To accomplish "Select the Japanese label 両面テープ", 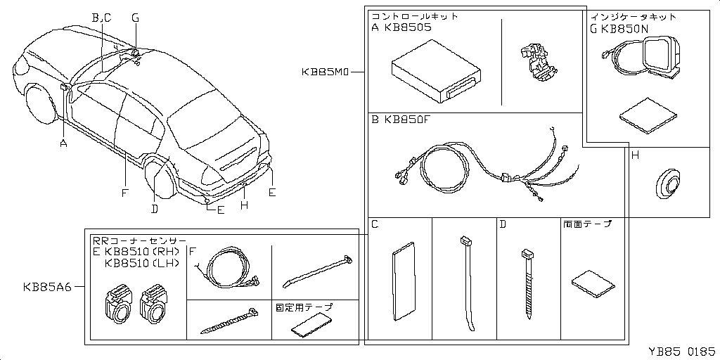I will (x=587, y=224).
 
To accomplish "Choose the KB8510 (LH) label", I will (x=141, y=264).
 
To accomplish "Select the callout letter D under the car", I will (x=154, y=207).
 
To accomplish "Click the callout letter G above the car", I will (x=136, y=18).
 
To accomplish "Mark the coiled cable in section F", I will (x=229, y=268).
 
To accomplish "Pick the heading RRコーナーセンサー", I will (x=140, y=240).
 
